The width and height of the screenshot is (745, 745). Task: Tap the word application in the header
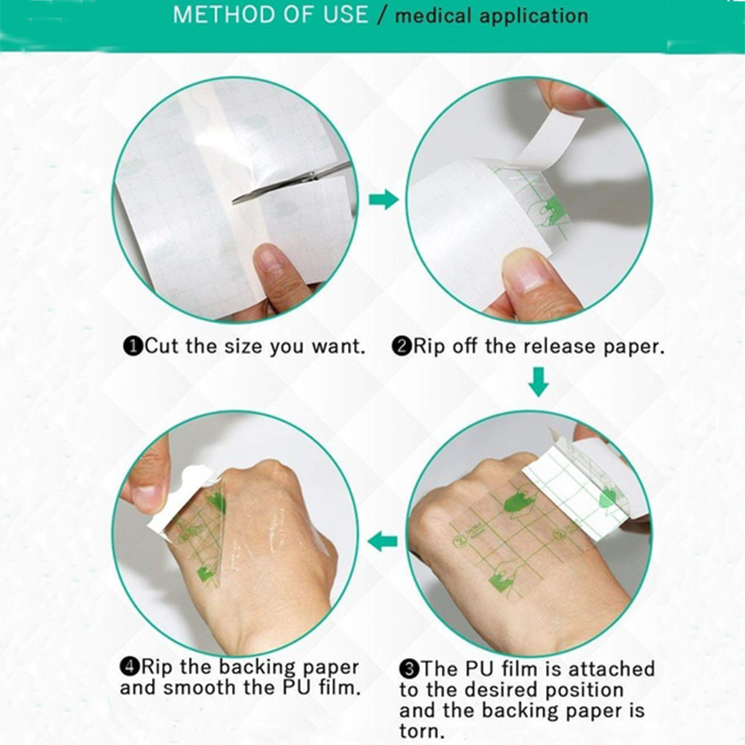(533, 16)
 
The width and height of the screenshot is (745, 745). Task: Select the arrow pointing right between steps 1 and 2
(384, 199)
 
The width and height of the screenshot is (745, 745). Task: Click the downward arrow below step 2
(539, 381)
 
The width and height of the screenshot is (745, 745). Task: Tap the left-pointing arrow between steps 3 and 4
(383, 541)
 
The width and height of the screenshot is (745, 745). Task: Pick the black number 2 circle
(401, 346)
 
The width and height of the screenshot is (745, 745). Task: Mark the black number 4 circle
(129, 667)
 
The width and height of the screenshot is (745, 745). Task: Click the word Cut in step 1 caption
(162, 346)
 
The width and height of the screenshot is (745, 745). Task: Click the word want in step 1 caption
(337, 346)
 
